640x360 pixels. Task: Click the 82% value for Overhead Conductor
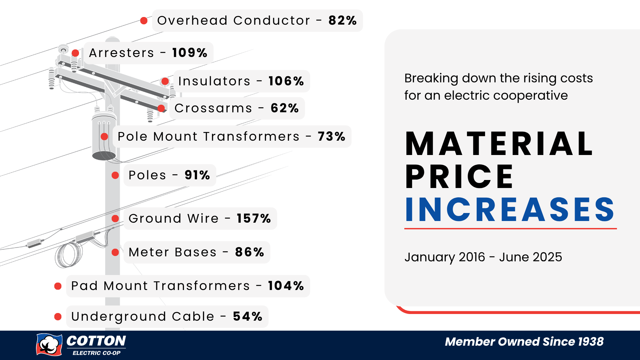342,20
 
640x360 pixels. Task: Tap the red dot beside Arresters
75,53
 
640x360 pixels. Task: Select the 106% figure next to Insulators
286,81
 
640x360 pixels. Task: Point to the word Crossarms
213,108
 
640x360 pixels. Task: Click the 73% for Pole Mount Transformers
331,136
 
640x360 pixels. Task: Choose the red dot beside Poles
115,175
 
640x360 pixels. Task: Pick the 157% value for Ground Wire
254,218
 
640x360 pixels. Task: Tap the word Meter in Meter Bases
149,252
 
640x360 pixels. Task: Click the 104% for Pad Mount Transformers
286,286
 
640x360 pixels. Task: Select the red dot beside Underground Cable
58,317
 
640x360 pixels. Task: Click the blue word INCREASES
510,209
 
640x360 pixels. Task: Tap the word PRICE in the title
459,176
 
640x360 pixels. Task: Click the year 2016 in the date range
472,257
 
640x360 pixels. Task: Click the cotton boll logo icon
49,344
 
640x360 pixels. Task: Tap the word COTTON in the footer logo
96,341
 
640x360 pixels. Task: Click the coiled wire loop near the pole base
69,255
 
